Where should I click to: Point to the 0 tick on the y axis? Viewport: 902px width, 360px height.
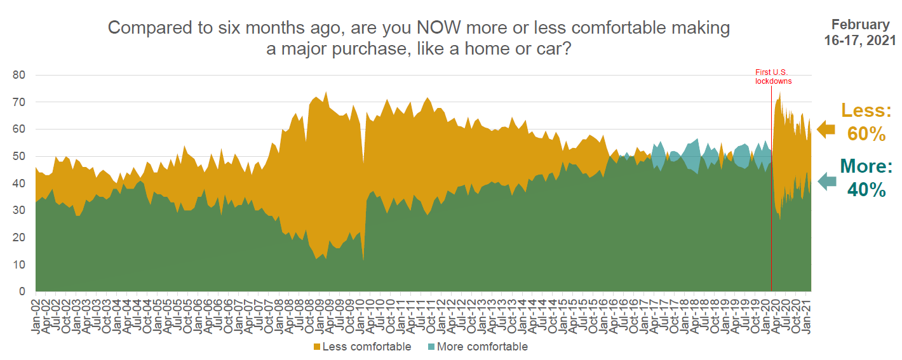(21, 291)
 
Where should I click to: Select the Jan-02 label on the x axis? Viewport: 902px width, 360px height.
(36, 316)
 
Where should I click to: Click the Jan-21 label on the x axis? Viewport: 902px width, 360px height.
(806, 316)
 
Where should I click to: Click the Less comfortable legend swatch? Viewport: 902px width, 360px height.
(316, 347)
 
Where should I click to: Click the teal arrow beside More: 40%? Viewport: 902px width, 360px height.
(826, 182)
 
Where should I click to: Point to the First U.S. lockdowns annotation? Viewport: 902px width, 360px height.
(773, 77)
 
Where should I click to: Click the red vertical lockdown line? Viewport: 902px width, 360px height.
(771, 190)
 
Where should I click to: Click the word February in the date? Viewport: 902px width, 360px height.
(860, 25)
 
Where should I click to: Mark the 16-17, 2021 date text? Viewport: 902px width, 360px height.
(860, 41)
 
